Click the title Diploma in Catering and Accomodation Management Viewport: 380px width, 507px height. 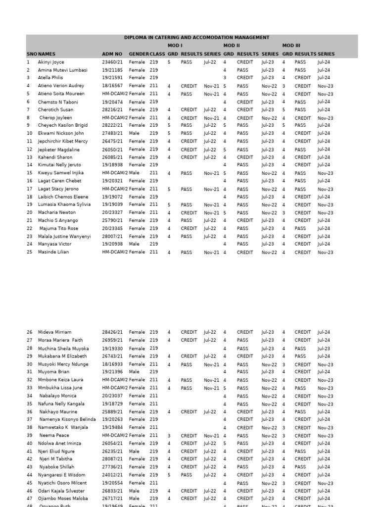[x=196, y=38]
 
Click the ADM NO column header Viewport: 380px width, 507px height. [x=112, y=54]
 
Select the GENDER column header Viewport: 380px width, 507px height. [x=139, y=54]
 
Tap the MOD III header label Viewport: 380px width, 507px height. [x=291, y=46]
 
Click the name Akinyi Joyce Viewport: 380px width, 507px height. [x=51, y=62]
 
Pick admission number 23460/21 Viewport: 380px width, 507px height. [x=113, y=62]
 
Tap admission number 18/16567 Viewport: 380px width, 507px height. [x=113, y=86]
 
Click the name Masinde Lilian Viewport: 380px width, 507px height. [x=53, y=252]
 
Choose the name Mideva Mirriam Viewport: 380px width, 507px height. [x=55, y=332]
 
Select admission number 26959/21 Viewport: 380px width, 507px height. [x=113, y=340]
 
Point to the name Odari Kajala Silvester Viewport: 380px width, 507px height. [x=62, y=491]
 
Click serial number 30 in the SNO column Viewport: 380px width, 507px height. [x=29, y=364]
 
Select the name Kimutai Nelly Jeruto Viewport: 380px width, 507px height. [x=60, y=165]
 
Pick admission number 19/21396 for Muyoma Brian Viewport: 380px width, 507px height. [x=113, y=372]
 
